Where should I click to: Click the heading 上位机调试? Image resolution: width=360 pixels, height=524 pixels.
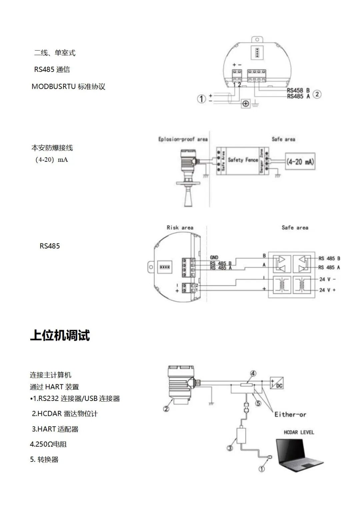point(60,335)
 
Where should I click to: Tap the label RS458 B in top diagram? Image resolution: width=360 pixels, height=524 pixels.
point(298,90)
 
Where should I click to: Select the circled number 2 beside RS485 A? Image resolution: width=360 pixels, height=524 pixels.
point(317,94)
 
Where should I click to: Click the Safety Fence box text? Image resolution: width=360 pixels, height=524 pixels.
point(243,160)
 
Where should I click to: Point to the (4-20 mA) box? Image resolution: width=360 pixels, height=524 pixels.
point(300,162)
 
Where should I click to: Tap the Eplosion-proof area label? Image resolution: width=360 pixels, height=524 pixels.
point(183,139)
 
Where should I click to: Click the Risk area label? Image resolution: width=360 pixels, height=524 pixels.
point(180,227)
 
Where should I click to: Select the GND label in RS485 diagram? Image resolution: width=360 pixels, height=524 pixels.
point(214,257)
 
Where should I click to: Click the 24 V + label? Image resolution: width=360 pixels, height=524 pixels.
point(327,290)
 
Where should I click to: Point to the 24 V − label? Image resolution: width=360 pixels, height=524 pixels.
point(327,279)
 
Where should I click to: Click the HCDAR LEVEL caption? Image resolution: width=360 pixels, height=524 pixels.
point(299,432)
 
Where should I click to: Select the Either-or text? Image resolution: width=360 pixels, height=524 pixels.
point(290,415)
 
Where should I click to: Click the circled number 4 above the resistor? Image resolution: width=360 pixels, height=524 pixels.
point(253,373)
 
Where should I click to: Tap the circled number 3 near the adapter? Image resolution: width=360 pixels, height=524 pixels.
point(230,448)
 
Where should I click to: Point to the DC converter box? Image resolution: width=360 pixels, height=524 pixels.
point(276,383)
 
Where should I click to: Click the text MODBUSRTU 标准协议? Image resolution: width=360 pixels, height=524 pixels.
point(68,87)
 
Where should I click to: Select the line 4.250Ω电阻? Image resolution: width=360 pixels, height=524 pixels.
point(48,444)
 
